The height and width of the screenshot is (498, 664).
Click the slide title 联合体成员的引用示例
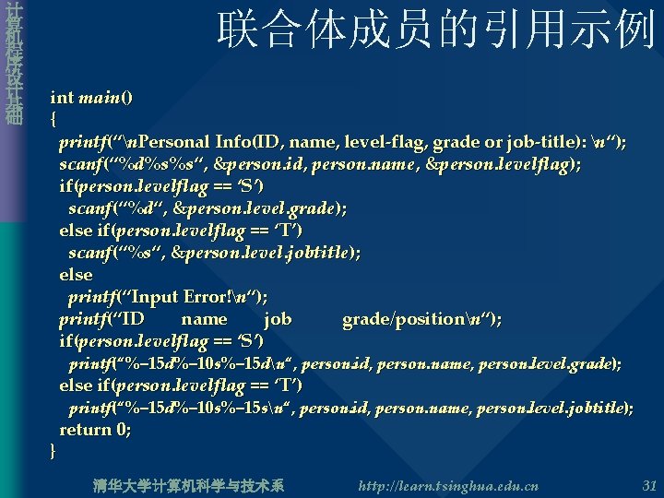[x=435, y=30]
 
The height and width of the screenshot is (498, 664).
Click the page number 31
[x=648, y=485]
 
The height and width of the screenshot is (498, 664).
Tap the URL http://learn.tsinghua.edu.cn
[x=447, y=485]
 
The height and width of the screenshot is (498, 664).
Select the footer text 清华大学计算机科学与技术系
[x=189, y=485]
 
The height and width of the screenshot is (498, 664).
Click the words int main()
[x=91, y=97]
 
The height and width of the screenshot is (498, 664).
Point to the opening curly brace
[x=53, y=119]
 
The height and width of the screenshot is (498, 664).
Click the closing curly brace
[x=53, y=451]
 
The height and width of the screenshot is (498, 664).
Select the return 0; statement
[x=95, y=429]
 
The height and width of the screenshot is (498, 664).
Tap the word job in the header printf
[x=278, y=319]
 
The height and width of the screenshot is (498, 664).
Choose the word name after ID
[x=204, y=319]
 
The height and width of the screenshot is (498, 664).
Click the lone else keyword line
[x=76, y=274]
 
